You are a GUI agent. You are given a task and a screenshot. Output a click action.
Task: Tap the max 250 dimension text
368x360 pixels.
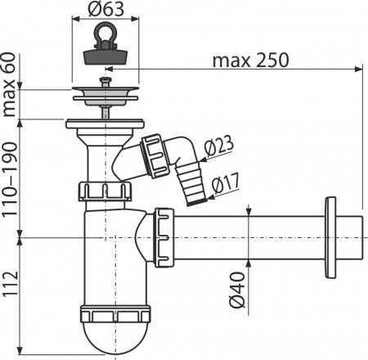(249, 61)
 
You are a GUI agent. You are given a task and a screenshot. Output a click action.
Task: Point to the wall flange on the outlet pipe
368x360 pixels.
(330, 237)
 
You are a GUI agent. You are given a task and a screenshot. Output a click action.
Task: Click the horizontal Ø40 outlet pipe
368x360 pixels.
(254, 237)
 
